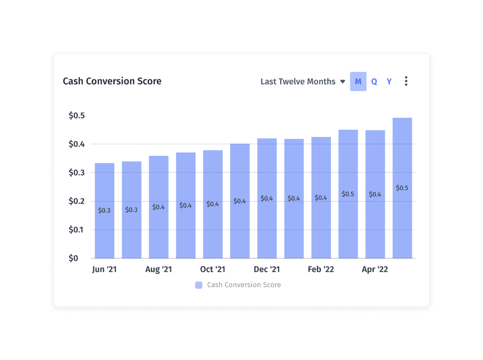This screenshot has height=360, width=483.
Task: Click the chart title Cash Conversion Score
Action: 112,81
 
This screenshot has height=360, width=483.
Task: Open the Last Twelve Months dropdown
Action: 302,82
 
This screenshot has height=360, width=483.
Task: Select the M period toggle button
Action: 358,82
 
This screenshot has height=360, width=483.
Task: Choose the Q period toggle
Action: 374,82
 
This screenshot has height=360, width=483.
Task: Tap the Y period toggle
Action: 389,82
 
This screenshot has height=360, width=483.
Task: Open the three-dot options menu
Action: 406,81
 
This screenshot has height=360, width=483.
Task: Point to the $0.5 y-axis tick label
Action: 76,115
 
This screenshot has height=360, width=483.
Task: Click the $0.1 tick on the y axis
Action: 76,230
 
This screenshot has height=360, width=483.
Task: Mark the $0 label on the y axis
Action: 73,258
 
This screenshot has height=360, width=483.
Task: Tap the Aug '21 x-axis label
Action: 158,269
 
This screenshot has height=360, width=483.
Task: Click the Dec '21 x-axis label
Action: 267,269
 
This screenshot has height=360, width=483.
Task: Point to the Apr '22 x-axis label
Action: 375,269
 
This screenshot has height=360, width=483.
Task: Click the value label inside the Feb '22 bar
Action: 321,198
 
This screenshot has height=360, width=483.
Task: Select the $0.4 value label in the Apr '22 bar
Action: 375,194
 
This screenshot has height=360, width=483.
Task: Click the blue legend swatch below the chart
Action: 199,285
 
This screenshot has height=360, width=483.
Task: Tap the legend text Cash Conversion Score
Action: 244,285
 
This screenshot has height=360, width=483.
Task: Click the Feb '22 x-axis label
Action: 321,269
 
